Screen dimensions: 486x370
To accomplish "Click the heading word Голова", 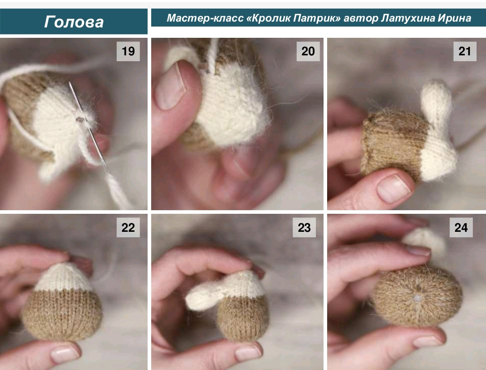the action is coord(74,22).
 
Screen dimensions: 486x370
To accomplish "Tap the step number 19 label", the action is coord(128,51).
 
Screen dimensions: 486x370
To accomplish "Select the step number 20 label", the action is coord(308,51).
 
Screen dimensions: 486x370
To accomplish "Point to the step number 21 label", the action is coord(464,51).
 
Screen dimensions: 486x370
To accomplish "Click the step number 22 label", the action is coord(128,227).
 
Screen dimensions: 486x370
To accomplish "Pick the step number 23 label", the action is coord(304,227).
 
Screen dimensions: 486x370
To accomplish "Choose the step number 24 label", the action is coord(461,227).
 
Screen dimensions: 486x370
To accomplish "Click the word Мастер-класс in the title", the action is coord(205,18).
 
